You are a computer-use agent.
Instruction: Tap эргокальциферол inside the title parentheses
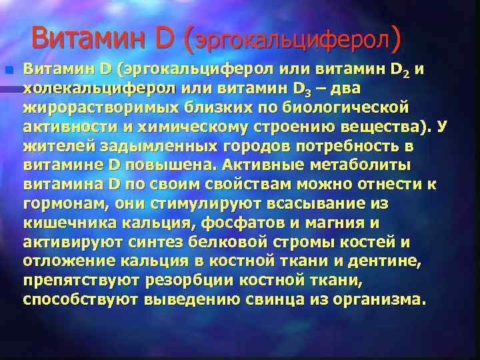[291, 41]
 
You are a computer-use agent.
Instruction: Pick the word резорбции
[178, 281]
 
